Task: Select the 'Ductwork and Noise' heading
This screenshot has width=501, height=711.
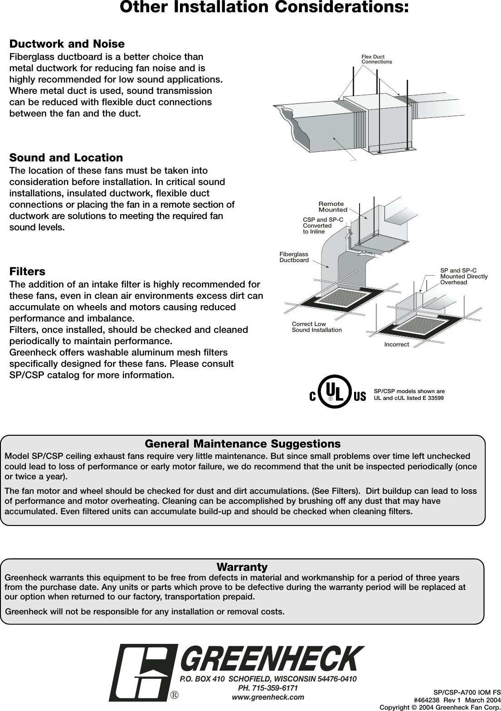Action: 67,44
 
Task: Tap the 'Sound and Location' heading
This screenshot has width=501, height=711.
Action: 66,158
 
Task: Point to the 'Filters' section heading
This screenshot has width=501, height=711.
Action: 27,272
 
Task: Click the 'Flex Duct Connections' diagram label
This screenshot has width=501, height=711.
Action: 376,59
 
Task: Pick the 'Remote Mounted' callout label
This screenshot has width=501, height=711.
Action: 332,207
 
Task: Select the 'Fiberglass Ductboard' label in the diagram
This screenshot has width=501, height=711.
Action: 294,257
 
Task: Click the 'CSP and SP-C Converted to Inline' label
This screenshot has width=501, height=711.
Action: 323,225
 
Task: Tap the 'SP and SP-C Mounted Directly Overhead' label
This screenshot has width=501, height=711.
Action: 463,276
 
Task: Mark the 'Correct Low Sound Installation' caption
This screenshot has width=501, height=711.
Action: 316,327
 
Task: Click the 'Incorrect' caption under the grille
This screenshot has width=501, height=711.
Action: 396,345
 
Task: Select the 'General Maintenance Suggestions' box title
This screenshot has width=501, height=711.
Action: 243,443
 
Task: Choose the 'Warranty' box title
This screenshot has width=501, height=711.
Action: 242,567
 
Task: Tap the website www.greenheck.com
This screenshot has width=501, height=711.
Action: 268,696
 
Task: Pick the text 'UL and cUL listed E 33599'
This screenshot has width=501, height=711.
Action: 409,398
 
